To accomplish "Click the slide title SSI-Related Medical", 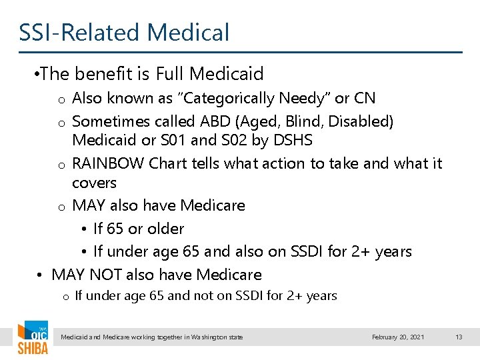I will (x=124, y=32).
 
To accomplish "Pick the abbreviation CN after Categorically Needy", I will (x=364, y=99).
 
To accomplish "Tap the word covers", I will (x=94, y=183).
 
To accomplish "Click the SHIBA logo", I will (x=32, y=339).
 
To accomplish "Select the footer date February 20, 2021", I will (x=398, y=337).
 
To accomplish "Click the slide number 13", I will (x=459, y=337).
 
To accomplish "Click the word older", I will (x=165, y=229).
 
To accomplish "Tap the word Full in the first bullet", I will (x=173, y=73).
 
